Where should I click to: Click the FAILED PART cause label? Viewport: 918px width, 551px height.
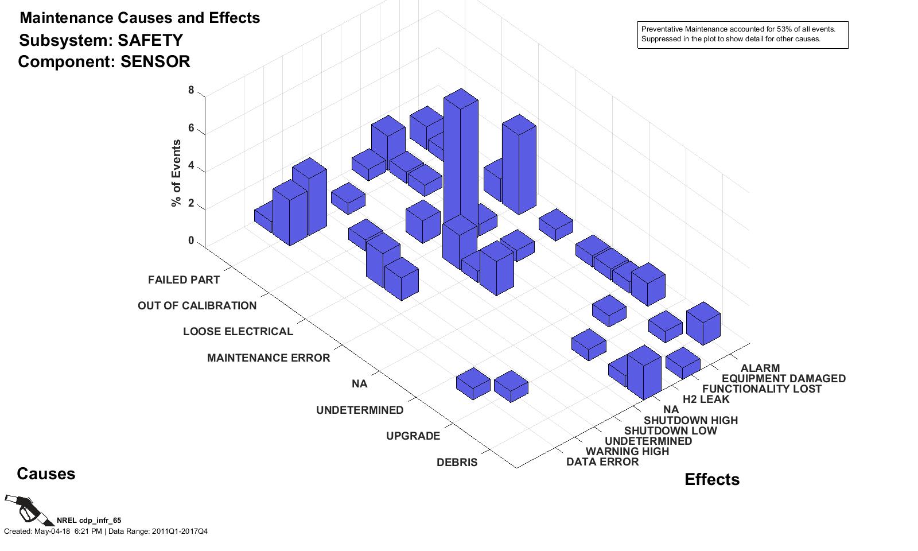184,280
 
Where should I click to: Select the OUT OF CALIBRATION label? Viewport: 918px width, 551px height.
197,305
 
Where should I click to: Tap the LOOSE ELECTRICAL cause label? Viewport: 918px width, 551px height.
238,331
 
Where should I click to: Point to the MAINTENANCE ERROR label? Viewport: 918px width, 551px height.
269,358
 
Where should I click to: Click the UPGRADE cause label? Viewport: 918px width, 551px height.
413,436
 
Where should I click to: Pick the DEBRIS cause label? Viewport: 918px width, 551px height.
457,462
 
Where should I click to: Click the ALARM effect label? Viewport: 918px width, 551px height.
760,368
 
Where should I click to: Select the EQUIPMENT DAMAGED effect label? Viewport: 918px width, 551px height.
783,378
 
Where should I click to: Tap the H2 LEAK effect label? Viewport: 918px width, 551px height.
706,399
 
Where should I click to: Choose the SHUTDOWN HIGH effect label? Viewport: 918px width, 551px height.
690,420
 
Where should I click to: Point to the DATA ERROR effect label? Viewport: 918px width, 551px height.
602,461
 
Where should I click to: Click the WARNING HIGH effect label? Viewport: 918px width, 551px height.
627,451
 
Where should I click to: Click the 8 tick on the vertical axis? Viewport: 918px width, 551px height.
191,90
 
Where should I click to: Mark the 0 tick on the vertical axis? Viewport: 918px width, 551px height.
191,240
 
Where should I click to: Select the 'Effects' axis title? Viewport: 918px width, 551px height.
711,479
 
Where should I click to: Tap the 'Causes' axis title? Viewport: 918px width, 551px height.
46,474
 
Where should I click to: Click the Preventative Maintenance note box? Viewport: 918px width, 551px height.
742,35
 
